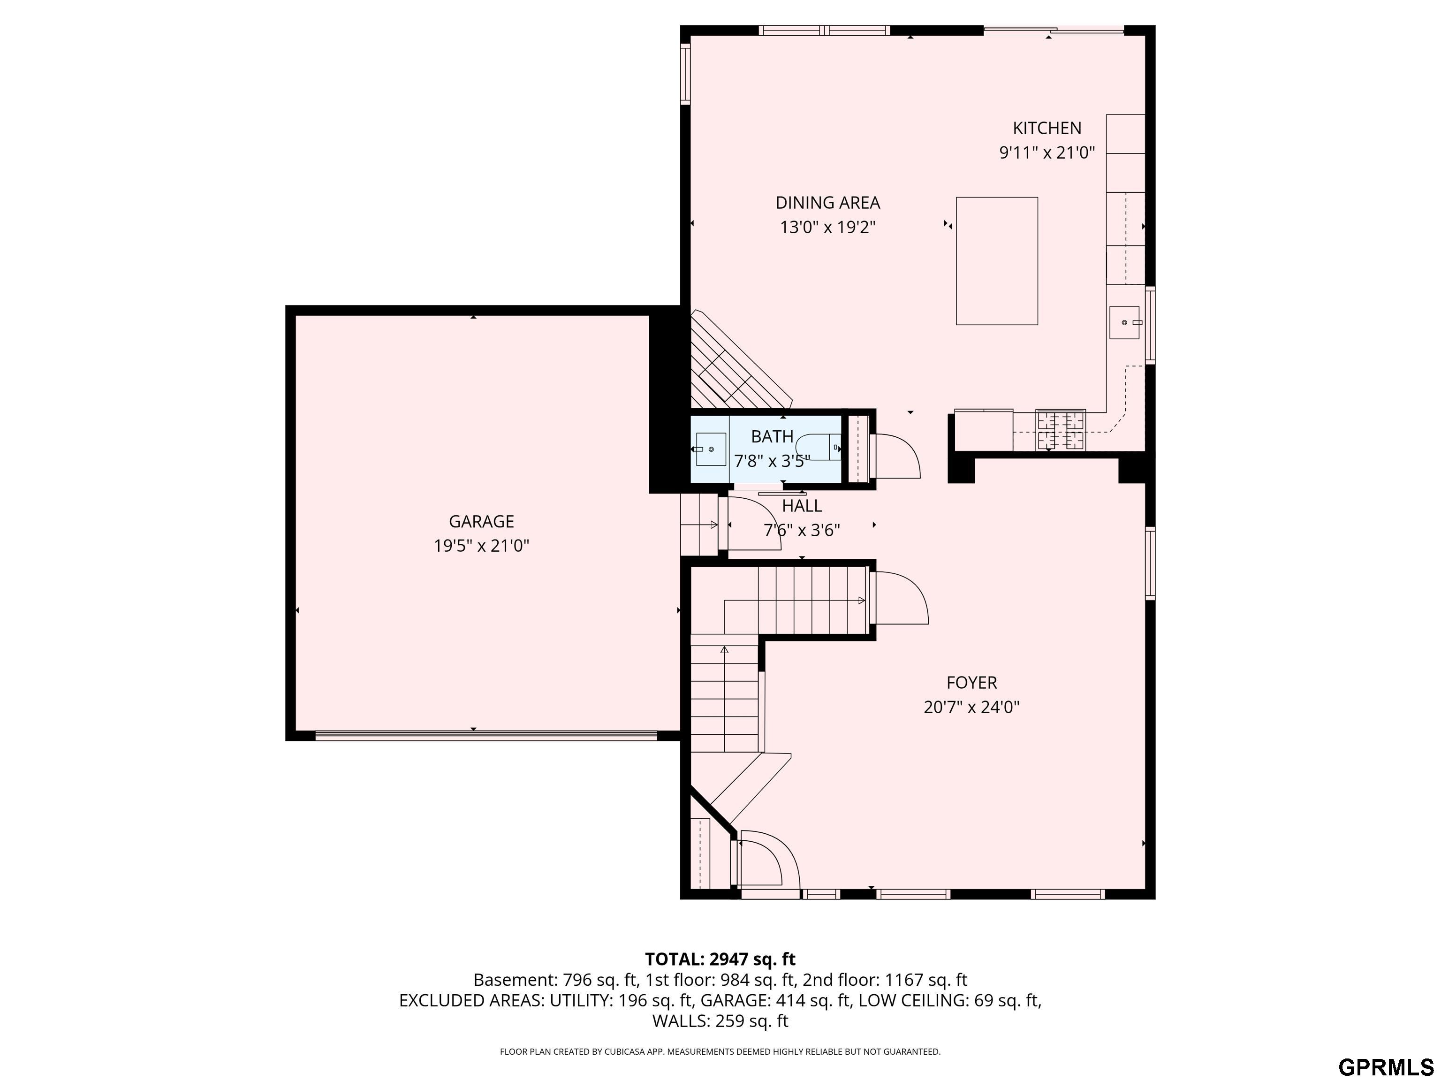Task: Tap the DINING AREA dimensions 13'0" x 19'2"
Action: (827, 228)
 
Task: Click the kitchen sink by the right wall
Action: (1124, 322)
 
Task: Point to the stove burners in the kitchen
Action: (1061, 430)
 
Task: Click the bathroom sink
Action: (710, 449)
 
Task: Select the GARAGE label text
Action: (481, 521)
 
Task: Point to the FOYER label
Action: (971, 683)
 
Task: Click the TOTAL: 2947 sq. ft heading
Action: (720, 959)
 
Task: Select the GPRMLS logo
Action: (1385, 1067)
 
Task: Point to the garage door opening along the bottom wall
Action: (485, 736)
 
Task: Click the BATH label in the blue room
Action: (772, 436)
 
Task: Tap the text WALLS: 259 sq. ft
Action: (720, 1021)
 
